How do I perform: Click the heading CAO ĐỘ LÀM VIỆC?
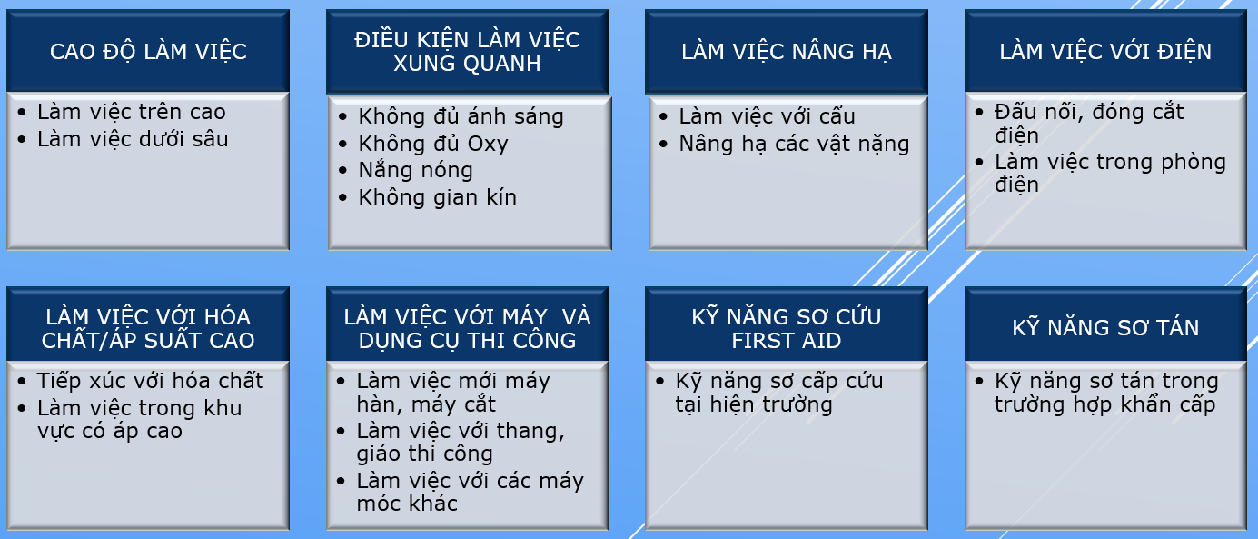point(148,52)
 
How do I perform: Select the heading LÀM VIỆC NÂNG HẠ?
point(787,52)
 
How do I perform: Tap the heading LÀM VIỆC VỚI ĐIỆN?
point(1105,52)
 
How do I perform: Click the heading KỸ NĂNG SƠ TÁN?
point(1105,327)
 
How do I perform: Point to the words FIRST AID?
point(787,341)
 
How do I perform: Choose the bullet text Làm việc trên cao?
point(132,112)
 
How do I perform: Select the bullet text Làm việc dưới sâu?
point(133,139)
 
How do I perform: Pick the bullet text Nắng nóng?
point(416,170)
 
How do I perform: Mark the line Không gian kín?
point(438,197)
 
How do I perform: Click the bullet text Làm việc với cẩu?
point(768,116)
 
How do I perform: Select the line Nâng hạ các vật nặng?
point(794,144)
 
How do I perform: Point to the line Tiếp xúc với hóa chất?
point(150,381)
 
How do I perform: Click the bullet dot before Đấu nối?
point(979,112)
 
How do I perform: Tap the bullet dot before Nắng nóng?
point(342,170)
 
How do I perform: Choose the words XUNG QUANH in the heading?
point(467,64)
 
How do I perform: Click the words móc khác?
point(407,504)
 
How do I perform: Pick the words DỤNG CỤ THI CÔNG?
point(467,341)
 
